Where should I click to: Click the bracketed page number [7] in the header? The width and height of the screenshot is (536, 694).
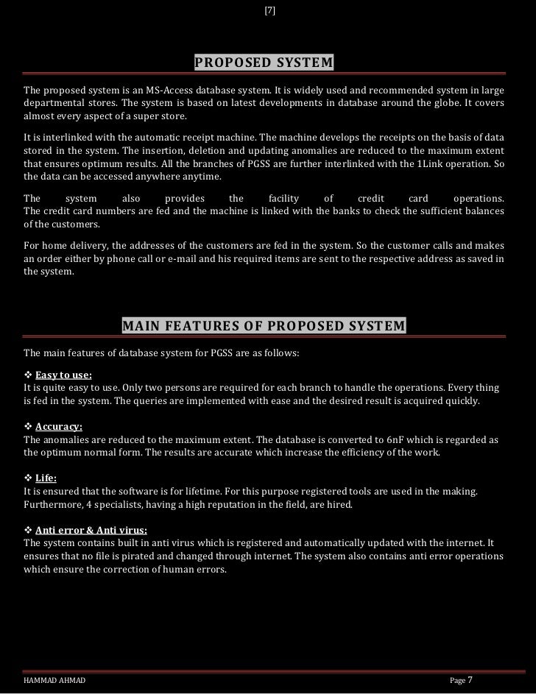coord(269,10)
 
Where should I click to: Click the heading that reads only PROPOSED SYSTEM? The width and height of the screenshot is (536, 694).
coord(264,61)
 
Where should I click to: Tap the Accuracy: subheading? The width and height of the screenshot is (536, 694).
coord(58,427)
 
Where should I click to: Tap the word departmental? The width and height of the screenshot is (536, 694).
coord(50,103)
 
